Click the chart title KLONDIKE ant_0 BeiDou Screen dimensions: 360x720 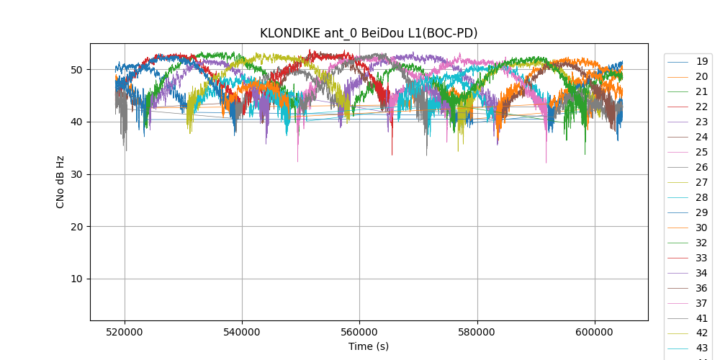coord(369,33)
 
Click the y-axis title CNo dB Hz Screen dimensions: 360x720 coord(60,182)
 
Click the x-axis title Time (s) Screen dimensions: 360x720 coord(369,346)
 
